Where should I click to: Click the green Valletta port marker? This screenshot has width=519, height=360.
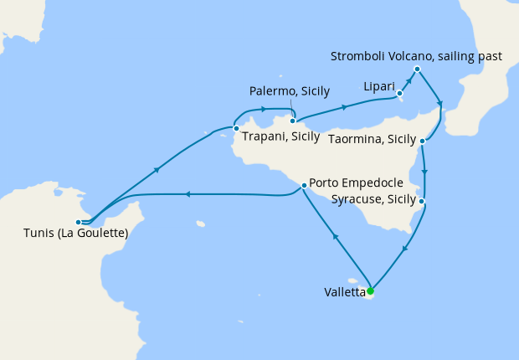[x=370, y=291]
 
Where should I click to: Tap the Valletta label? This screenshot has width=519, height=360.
[x=344, y=292]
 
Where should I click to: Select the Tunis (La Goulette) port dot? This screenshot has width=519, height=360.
[x=78, y=223]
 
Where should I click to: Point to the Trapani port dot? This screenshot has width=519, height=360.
[x=236, y=128]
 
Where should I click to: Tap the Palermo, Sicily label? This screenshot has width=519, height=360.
[x=290, y=91]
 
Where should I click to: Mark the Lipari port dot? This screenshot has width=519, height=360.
[x=399, y=93]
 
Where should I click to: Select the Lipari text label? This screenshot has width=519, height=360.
[x=378, y=85]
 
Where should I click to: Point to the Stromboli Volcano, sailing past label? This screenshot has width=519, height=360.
[x=416, y=56]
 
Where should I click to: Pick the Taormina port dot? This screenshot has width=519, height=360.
[x=423, y=141]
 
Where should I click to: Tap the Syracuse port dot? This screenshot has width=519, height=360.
[x=423, y=202]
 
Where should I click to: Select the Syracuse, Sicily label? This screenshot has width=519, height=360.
[x=373, y=199]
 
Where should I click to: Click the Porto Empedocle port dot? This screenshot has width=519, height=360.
[x=302, y=183]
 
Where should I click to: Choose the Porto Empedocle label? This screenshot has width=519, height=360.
[x=357, y=183]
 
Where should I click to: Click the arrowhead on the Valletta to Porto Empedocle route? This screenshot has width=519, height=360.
[x=336, y=237]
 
